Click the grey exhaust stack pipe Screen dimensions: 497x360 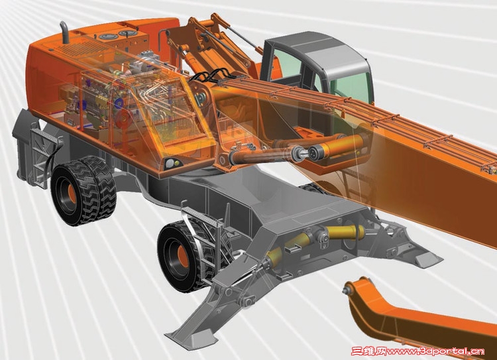pos(66,32)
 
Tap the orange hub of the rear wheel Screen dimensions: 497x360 pos(72,194)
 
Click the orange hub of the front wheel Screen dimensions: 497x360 pos(182,255)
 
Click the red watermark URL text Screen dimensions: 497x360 pos(417,351)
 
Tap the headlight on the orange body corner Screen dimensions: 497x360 pos(171,163)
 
